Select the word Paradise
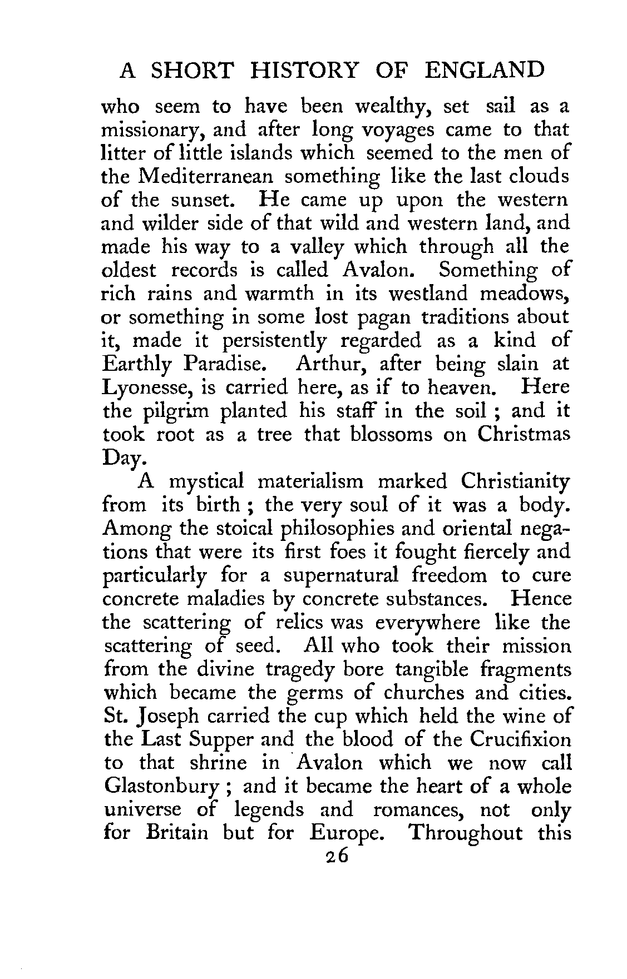click(x=223, y=364)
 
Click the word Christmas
click(x=524, y=434)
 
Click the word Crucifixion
click(x=520, y=739)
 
